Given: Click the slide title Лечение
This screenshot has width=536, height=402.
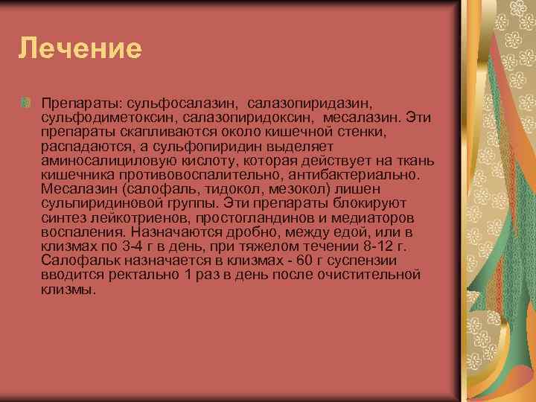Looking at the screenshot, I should coord(80,48).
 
